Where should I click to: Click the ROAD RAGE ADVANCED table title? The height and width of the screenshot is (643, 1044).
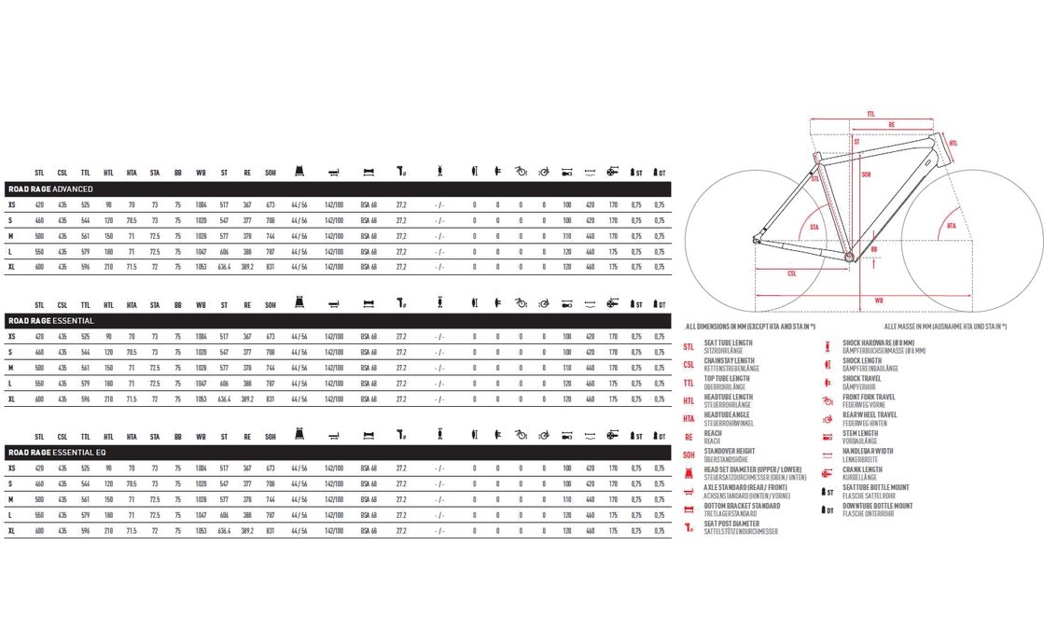(x=50, y=189)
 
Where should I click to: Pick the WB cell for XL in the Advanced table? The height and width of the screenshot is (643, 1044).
(x=201, y=267)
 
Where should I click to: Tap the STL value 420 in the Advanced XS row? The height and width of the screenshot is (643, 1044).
(x=39, y=204)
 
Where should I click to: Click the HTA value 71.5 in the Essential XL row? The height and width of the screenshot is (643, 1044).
(x=132, y=399)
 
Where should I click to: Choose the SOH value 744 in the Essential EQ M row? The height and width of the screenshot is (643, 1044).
(x=271, y=499)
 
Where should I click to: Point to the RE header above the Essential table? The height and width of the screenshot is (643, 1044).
(x=247, y=304)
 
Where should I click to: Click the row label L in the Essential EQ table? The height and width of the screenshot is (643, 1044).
(x=10, y=515)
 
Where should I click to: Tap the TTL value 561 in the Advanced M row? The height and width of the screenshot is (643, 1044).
(x=85, y=236)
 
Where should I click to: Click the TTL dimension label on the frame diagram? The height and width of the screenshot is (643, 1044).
(x=870, y=112)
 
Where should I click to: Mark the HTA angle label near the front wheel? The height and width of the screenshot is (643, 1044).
(x=951, y=227)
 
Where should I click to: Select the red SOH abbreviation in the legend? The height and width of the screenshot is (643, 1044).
(x=689, y=454)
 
